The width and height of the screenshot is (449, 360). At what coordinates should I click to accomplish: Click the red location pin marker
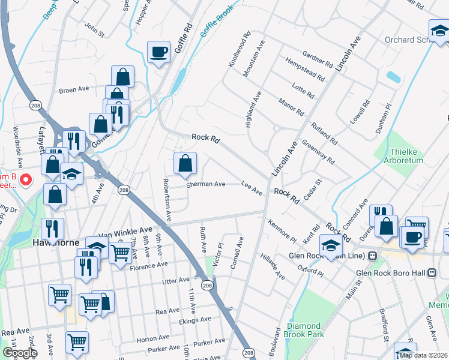click(25, 179)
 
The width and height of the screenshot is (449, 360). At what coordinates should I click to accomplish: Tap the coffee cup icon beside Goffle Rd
click(159, 52)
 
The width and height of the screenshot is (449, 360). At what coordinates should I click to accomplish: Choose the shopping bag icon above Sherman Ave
click(185, 163)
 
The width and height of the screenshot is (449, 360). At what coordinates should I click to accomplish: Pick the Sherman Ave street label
click(205, 184)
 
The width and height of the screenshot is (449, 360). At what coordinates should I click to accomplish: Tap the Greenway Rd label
click(318, 152)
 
